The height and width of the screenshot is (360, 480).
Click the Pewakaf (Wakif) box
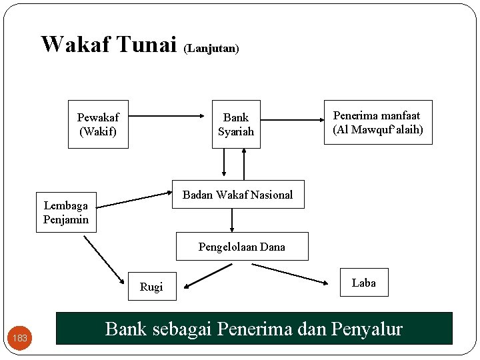pos(98,125)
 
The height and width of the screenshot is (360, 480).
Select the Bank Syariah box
pos(236,125)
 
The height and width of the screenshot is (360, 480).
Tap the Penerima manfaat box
pos(377,123)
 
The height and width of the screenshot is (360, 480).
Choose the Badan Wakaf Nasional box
pos(238,195)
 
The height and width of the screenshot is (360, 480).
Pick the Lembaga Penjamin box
pos(66,213)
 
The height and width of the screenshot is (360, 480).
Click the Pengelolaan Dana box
pos(242,247)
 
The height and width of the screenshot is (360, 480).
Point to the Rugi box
pos(151,287)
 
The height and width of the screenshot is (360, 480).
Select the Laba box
pos(363,283)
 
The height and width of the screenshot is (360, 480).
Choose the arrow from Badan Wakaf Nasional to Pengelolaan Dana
pos(232,220)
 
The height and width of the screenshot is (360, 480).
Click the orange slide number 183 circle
pos(21,338)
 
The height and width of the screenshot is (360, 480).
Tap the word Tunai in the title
pos(146,44)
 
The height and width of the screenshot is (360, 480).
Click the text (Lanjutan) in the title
pos(211,49)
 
